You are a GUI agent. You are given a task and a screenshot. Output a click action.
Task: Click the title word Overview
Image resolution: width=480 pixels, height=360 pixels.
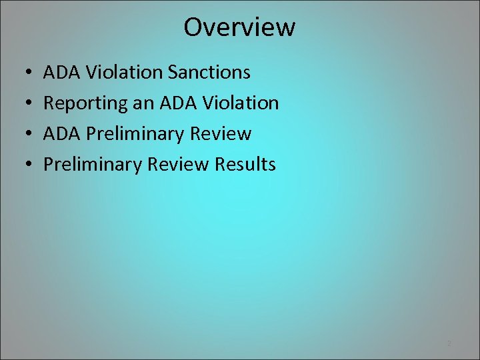coord(239,27)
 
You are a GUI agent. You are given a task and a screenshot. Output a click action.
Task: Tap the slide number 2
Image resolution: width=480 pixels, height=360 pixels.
coord(449,343)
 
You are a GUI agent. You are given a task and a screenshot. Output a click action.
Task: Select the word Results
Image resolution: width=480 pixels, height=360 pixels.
coord(245,164)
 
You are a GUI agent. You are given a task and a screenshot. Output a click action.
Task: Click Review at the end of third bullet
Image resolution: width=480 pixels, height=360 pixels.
coord(221,133)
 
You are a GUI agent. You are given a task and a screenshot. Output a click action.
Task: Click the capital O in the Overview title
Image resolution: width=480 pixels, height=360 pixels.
coord(193,27)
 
